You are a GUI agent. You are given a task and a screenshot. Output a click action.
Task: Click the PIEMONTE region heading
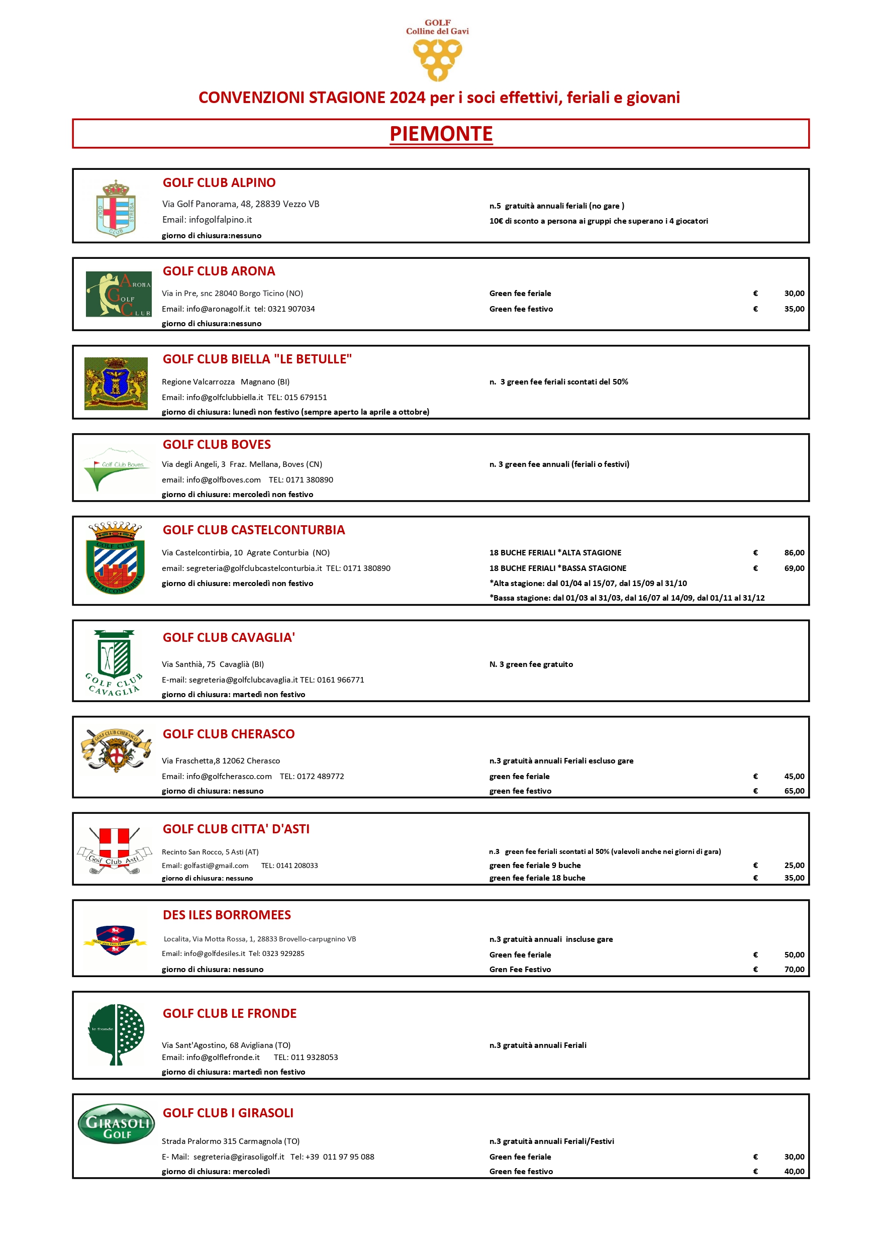tap(441, 134)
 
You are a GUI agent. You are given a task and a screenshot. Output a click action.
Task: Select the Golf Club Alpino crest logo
tap(116, 209)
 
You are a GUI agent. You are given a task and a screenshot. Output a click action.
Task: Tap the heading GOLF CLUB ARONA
tap(219, 271)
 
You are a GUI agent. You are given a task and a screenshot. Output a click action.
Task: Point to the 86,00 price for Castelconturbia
tap(794, 552)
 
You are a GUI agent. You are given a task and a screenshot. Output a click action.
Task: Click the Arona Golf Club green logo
tap(119, 294)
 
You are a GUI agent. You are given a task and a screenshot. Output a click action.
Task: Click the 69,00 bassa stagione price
tap(794, 568)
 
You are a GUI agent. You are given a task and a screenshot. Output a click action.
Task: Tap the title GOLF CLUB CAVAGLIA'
tap(229, 637)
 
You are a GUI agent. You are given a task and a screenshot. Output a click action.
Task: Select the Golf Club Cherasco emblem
tap(116, 750)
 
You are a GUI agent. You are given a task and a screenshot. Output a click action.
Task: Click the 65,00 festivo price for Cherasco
tap(794, 791)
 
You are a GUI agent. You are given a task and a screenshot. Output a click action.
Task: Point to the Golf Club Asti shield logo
tap(114, 850)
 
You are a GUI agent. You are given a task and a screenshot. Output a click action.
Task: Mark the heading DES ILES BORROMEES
tap(227, 915)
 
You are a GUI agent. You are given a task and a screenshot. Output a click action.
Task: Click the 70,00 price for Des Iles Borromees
tap(794, 969)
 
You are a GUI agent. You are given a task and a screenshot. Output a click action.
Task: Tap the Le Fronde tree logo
tap(116, 1034)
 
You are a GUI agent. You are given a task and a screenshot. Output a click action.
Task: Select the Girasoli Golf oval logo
tap(116, 1124)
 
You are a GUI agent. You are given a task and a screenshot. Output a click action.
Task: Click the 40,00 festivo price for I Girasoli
tap(794, 1171)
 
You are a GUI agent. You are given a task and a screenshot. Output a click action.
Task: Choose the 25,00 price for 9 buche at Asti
tap(794, 865)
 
